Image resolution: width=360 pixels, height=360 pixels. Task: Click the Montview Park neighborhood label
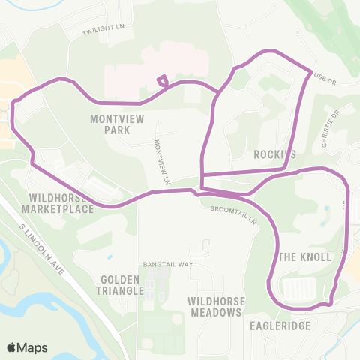click(x=111, y=124)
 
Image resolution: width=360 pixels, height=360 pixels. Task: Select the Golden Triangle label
click(x=121, y=284)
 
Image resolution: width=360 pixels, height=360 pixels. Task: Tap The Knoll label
click(x=305, y=256)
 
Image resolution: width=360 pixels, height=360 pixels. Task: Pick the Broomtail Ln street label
click(x=234, y=215)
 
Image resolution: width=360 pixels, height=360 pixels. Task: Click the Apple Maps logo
click(x=11, y=347)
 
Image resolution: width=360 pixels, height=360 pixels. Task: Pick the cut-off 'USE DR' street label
click(x=327, y=78)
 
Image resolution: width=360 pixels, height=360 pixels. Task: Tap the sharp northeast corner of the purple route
click(x=310, y=71)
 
